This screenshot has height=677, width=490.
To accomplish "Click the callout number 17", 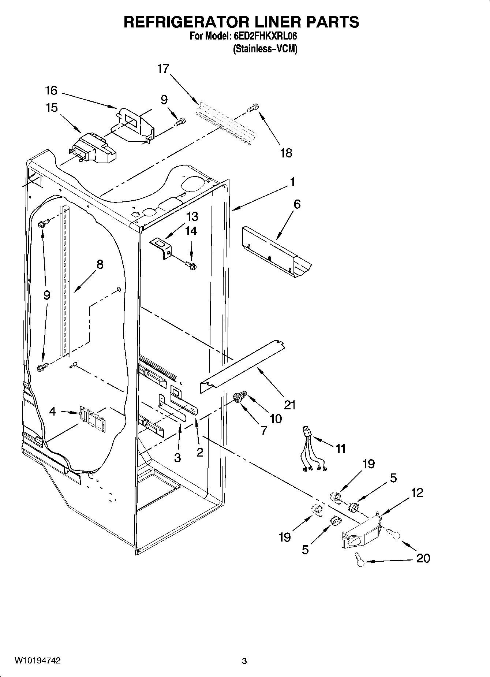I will pyautogui.click(x=164, y=68).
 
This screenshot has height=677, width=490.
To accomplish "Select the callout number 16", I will pyautogui.click(x=52, y=90).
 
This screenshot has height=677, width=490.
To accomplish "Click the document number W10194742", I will pyautogui.click(x=38, y=661).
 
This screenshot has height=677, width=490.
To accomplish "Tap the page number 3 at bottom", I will pyautogui.click(x=244, y=661).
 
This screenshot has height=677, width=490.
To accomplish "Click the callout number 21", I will pyautogui.click(x=289, y=405).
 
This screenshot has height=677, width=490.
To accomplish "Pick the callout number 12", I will pyautogui.click(x=417, y=492).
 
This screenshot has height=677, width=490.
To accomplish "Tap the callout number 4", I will pyautogui.click(x=53, y=412).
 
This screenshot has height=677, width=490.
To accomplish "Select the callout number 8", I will pyautogui.click(x=100, y=264).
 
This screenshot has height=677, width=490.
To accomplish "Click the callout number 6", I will pyautogui.click(x=297, y=204).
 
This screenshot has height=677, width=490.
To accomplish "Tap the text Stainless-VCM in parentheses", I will pyautogui.click(x=265, y=49).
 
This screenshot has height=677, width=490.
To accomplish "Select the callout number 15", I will pyautogui.click(x=52, y=108).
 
